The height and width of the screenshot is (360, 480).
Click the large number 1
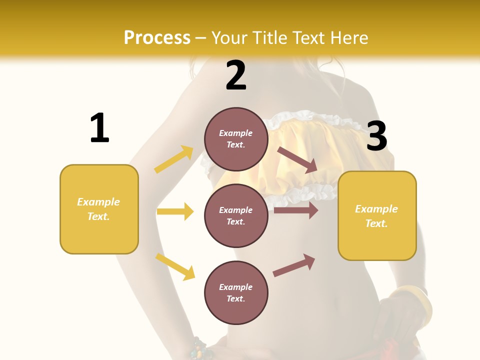(99, 128)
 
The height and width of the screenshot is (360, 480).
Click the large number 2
(235, 76)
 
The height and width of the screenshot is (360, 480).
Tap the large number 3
(376, 136)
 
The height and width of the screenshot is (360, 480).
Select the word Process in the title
(157, 37)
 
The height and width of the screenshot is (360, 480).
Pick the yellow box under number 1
(99, 209)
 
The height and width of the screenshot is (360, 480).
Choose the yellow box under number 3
(377, 215)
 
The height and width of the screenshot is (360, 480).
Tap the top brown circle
(236, 139)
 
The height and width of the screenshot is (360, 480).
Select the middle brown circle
(236, 215)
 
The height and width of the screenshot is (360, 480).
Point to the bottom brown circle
(236, 292)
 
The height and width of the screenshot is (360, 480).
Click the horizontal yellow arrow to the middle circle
(175, 211)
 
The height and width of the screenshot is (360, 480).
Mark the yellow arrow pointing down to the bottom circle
(175, 266)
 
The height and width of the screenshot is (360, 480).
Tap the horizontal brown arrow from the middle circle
(296, 210)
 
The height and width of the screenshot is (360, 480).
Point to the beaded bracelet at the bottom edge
(200, 348)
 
